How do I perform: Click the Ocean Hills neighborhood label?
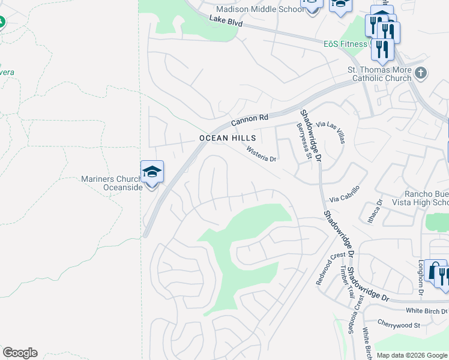click(x=228, y=138)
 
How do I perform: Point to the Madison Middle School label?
click(x=260, y=9)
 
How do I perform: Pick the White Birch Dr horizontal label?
click(x=427, y=311)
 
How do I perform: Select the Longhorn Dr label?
click(x=421, y=269)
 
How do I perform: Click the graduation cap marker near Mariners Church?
click(x=152, y=172)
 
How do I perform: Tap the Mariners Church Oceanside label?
click(x=112, y=183)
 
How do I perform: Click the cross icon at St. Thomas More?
click(x=421, y=73)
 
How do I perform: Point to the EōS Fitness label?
click(x=345, y=44)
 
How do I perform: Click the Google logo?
click(x=20, y=353)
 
